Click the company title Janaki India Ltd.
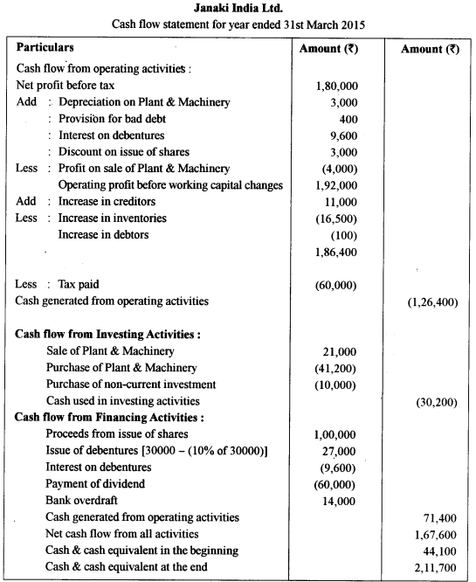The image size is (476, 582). pyautogui.click(x=238, y=8)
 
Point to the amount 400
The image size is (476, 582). pyautogui.click(x=348, y=119)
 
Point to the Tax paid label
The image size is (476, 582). pyautogui.click(x=79, y=284)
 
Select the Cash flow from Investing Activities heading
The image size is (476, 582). pyautogui.click(x=108, y=334)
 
